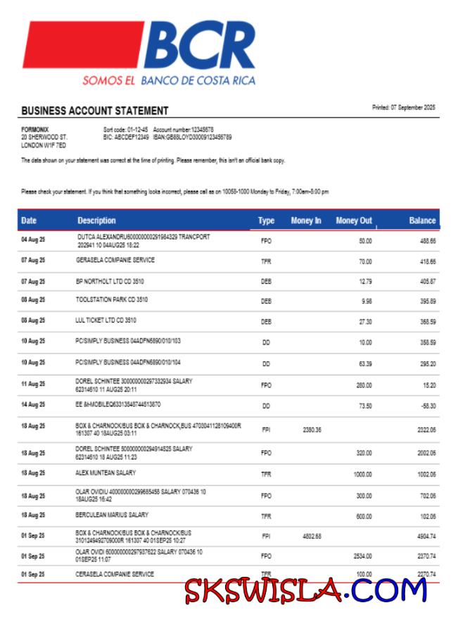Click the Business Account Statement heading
point(95,111)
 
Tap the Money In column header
point(306,221)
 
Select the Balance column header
point(422,221)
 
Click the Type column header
point(266,221)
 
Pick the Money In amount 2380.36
point(312,430)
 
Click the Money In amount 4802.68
point(312,536)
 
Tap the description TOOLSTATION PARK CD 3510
point(112,299)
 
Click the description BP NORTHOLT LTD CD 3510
point(111,280)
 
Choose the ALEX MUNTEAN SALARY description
point(106,473)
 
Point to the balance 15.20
point(428,385)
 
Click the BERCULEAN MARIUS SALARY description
point(113,515)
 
